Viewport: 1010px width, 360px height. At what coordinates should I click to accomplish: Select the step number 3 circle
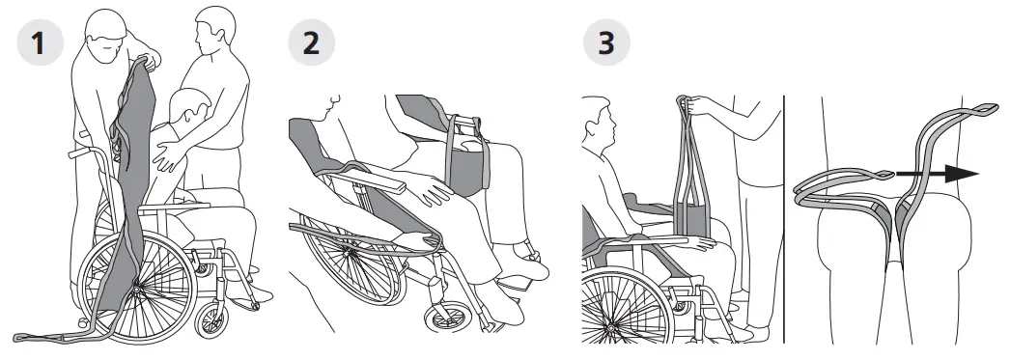[607, 43]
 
